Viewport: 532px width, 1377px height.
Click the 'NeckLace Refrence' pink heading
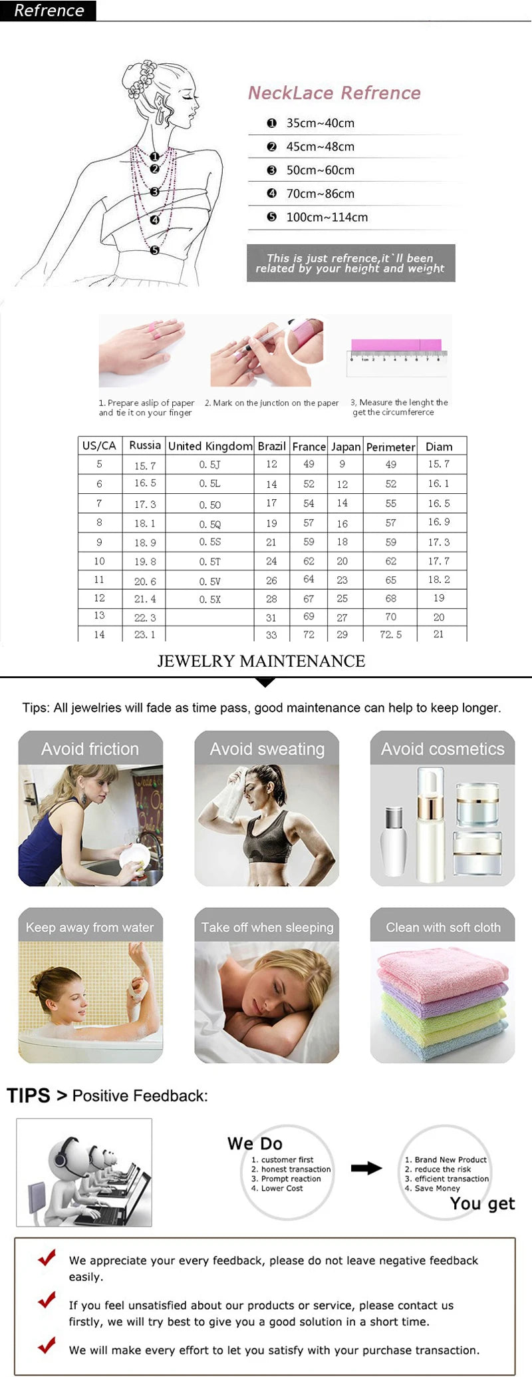point(334,93)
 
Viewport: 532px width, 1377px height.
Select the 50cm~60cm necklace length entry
point(320,170)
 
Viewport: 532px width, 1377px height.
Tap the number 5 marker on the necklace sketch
point(154,250)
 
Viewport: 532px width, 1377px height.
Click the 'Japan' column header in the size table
point(346,447)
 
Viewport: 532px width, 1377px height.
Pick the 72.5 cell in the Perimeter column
point(390,635)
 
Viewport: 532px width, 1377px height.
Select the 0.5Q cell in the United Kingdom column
point(209,524)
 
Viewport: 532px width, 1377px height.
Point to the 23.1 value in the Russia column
point(144,635)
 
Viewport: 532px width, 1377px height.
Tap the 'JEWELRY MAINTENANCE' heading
point(261,661)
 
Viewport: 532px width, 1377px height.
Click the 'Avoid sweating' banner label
point(267,749)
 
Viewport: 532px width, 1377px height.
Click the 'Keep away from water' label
point(90,927)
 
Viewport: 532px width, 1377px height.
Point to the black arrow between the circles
point(366,1167)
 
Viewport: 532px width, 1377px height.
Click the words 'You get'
point(482,1203)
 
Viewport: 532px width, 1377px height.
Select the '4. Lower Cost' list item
point(277,1188)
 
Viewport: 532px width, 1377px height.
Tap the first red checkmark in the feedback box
point(47,1257)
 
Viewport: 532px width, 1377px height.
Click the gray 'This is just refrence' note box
point(350,263)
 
